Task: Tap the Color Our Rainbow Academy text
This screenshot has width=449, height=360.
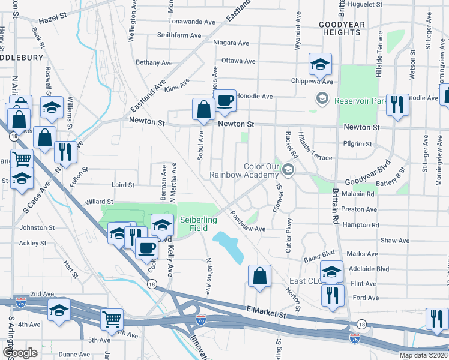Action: tap(244, 170)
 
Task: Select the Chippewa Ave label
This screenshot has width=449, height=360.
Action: tap(312, 81)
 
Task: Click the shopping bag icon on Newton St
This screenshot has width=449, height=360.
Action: tap(203, 109)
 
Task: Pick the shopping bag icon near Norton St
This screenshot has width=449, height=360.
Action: tap(259, 277)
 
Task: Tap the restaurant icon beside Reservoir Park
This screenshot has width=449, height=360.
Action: tap(397, 104)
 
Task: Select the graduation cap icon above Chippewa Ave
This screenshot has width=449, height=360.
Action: tap(321, 64)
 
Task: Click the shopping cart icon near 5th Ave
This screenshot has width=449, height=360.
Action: tap(112, 320)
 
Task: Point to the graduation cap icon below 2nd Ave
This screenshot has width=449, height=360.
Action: tap(59, 310)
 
